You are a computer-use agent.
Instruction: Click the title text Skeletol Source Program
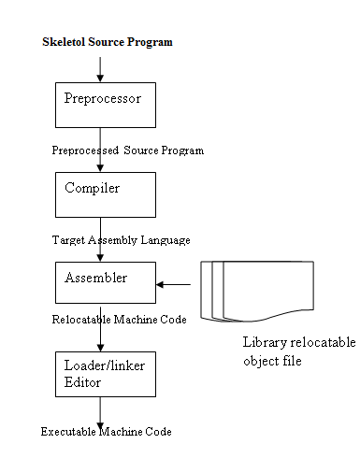coord(108,43)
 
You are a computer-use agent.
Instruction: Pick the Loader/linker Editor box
coord(101,376)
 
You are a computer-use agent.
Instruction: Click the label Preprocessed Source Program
coord(128,150)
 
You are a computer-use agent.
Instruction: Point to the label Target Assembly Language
coord(121,240)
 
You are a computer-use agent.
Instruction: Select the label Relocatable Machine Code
coord(120,321)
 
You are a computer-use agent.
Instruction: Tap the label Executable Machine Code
coord(107,431)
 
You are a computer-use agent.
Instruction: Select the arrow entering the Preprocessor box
coord(101,67)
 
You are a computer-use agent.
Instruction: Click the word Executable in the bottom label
coord(71,431)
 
